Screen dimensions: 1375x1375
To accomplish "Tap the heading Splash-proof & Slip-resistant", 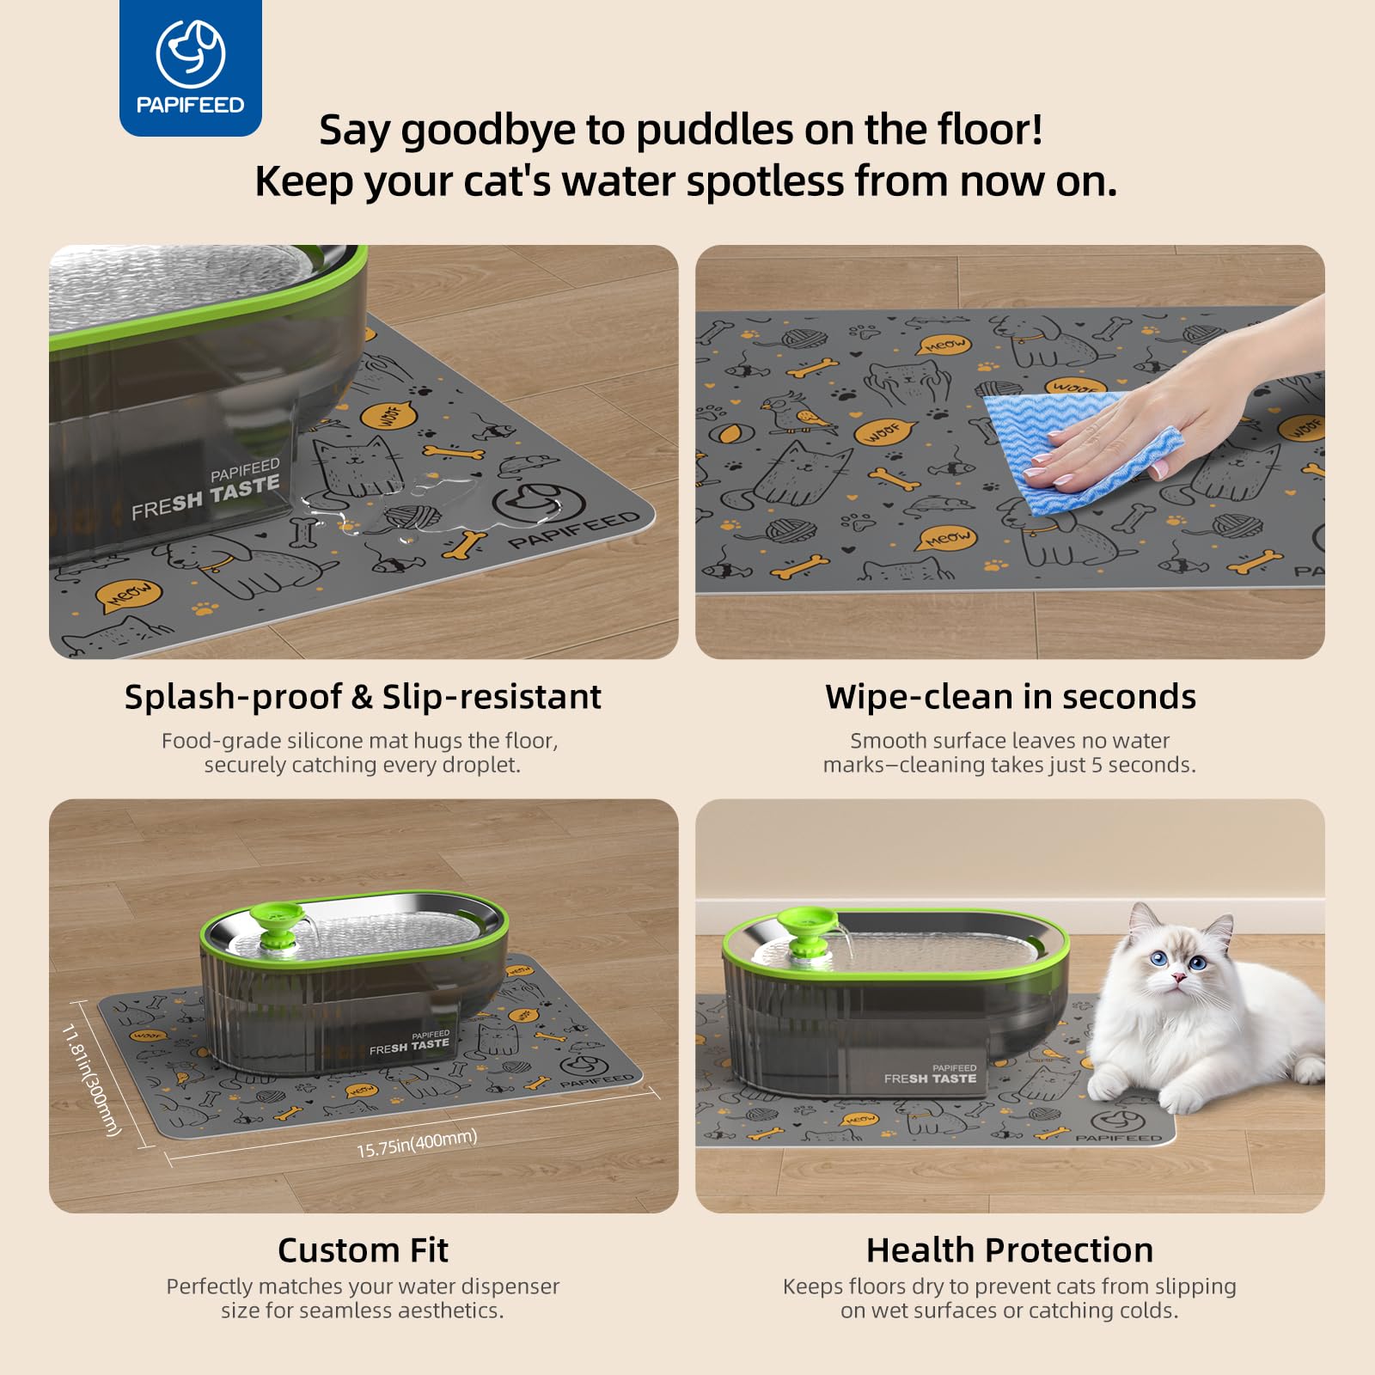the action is click(363, 697).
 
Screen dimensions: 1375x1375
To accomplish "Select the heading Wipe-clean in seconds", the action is click(1011, 697).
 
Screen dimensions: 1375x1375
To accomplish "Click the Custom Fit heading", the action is click(363, 1250).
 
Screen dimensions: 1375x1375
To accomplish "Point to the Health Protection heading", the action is click(1010, 1250).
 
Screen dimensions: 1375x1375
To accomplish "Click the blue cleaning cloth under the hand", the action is click(1083, 451).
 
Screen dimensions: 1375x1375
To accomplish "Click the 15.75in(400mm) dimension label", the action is click(417, 1143).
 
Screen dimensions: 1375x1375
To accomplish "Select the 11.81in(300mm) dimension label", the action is click(91, 1079).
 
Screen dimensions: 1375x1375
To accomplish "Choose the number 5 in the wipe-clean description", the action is click(1097, 765).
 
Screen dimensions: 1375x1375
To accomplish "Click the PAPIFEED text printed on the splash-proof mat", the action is click(574, 530).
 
